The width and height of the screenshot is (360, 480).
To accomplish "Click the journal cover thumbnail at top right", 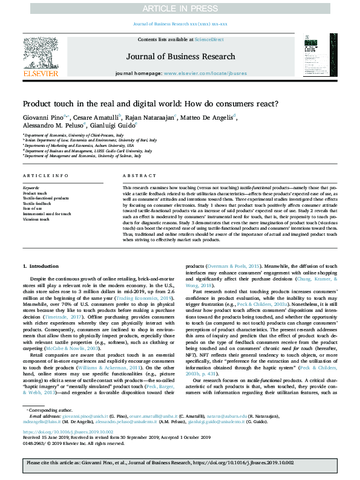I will click(318, 56).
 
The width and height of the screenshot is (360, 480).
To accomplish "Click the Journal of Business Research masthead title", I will click(180, 57).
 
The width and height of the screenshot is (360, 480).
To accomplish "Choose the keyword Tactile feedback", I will click(38, 203).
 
